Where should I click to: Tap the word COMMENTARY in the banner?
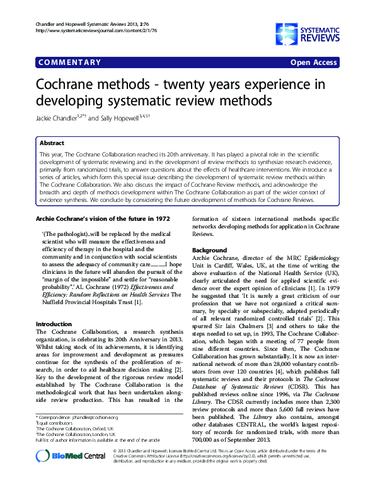click(x=70, y=62)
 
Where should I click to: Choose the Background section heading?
click(x=209, y=250)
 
